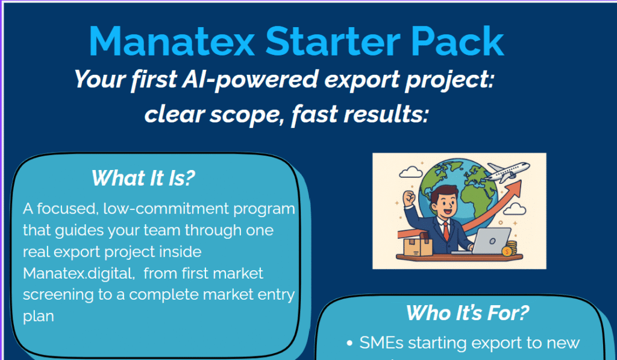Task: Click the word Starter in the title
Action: point(333,42)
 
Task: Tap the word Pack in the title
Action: point(457,42)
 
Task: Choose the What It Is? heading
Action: point(143,178)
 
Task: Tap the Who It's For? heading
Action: point(468,313)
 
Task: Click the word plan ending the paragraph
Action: point(38,316)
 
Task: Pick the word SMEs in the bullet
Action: point(381,343)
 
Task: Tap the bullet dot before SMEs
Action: point(349,344)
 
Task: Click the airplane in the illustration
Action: point(506,171)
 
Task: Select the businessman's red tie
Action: point(446,230)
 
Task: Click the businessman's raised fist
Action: point(409,198)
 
